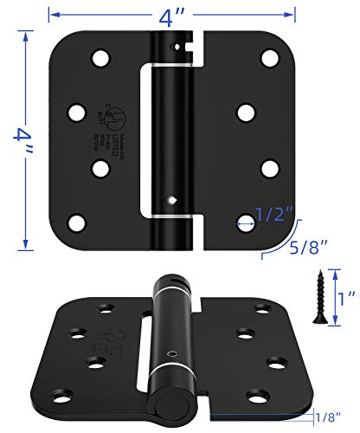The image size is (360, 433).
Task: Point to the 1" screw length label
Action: (344, 301)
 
